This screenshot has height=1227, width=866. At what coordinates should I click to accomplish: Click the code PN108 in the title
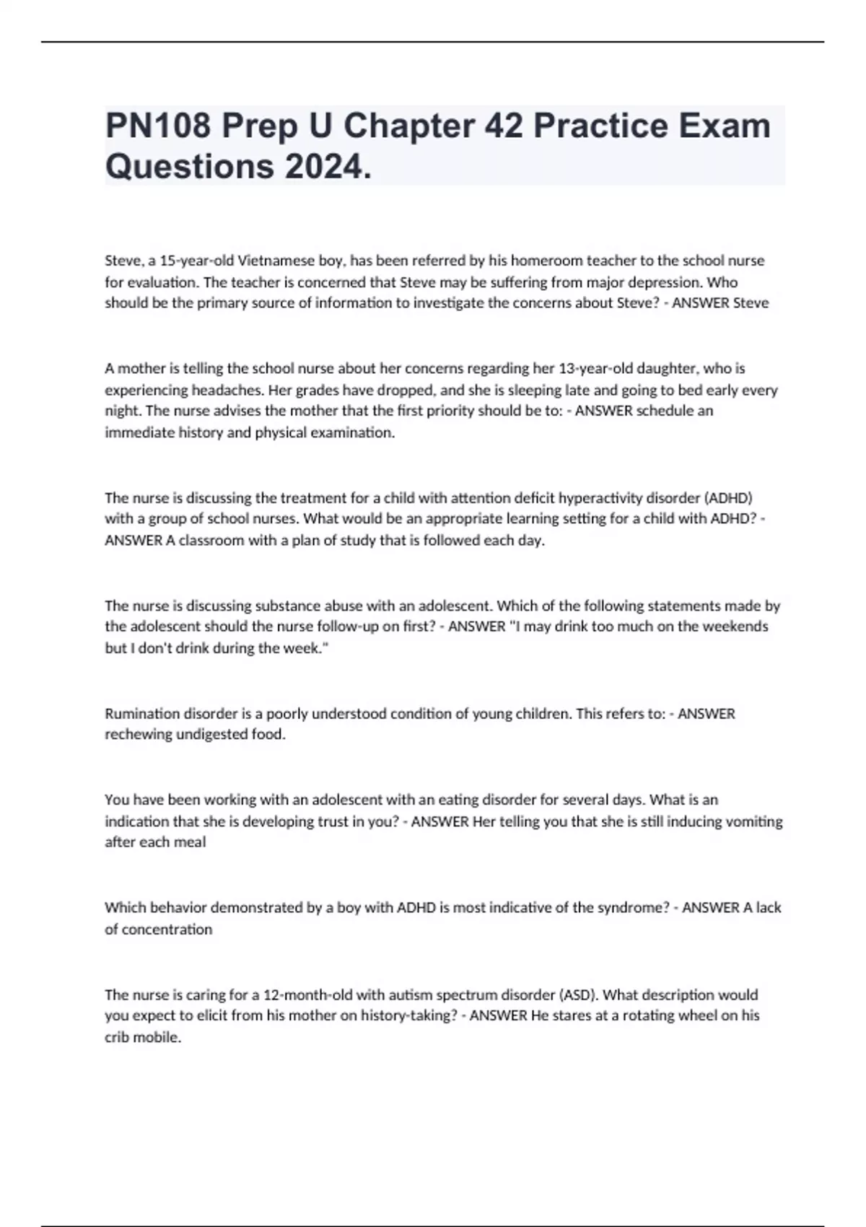(x=158, y=126)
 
